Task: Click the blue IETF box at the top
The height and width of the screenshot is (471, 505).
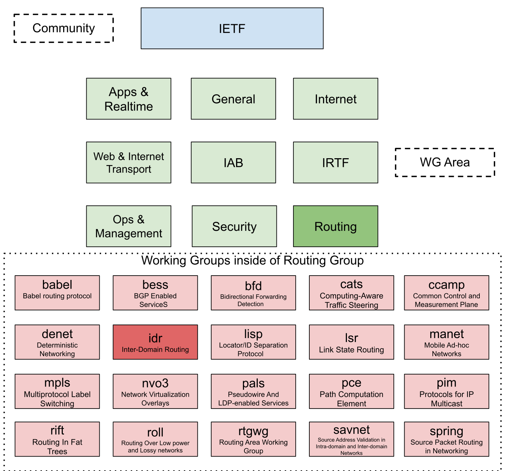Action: pos(232,29)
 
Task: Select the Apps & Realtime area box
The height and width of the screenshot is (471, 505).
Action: pos(129,99)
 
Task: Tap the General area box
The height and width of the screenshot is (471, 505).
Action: pos(233,99)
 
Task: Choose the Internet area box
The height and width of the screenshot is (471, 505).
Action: pos(335,99)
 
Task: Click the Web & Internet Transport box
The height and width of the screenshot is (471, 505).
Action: pos(129,163)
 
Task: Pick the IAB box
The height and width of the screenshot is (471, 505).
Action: pos(233,163)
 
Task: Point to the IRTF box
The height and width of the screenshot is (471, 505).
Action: pos(335,163)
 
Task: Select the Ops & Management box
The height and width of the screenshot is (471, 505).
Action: pos(129,226)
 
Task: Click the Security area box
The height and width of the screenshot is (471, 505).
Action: pos(234,226)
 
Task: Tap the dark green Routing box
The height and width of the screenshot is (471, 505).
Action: pos(335,226)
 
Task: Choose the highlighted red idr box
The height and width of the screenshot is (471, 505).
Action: pos(155,342)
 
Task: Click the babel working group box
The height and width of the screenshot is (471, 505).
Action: pos(57,293)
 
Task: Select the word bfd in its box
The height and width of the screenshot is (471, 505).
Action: pos(253,286)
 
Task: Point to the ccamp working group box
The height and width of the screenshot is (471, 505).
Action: pos(447,293)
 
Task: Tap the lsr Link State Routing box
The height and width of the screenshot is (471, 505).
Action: pos(351,342)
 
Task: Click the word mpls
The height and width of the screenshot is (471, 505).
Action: pos(57,383)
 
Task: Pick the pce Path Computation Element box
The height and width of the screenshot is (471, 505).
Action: pos(351,391)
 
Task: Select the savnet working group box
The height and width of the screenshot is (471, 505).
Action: pos(351,439)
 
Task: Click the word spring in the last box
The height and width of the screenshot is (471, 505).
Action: pos(447,431)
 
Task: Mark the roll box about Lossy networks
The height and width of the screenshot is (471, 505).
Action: pos(155,439)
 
